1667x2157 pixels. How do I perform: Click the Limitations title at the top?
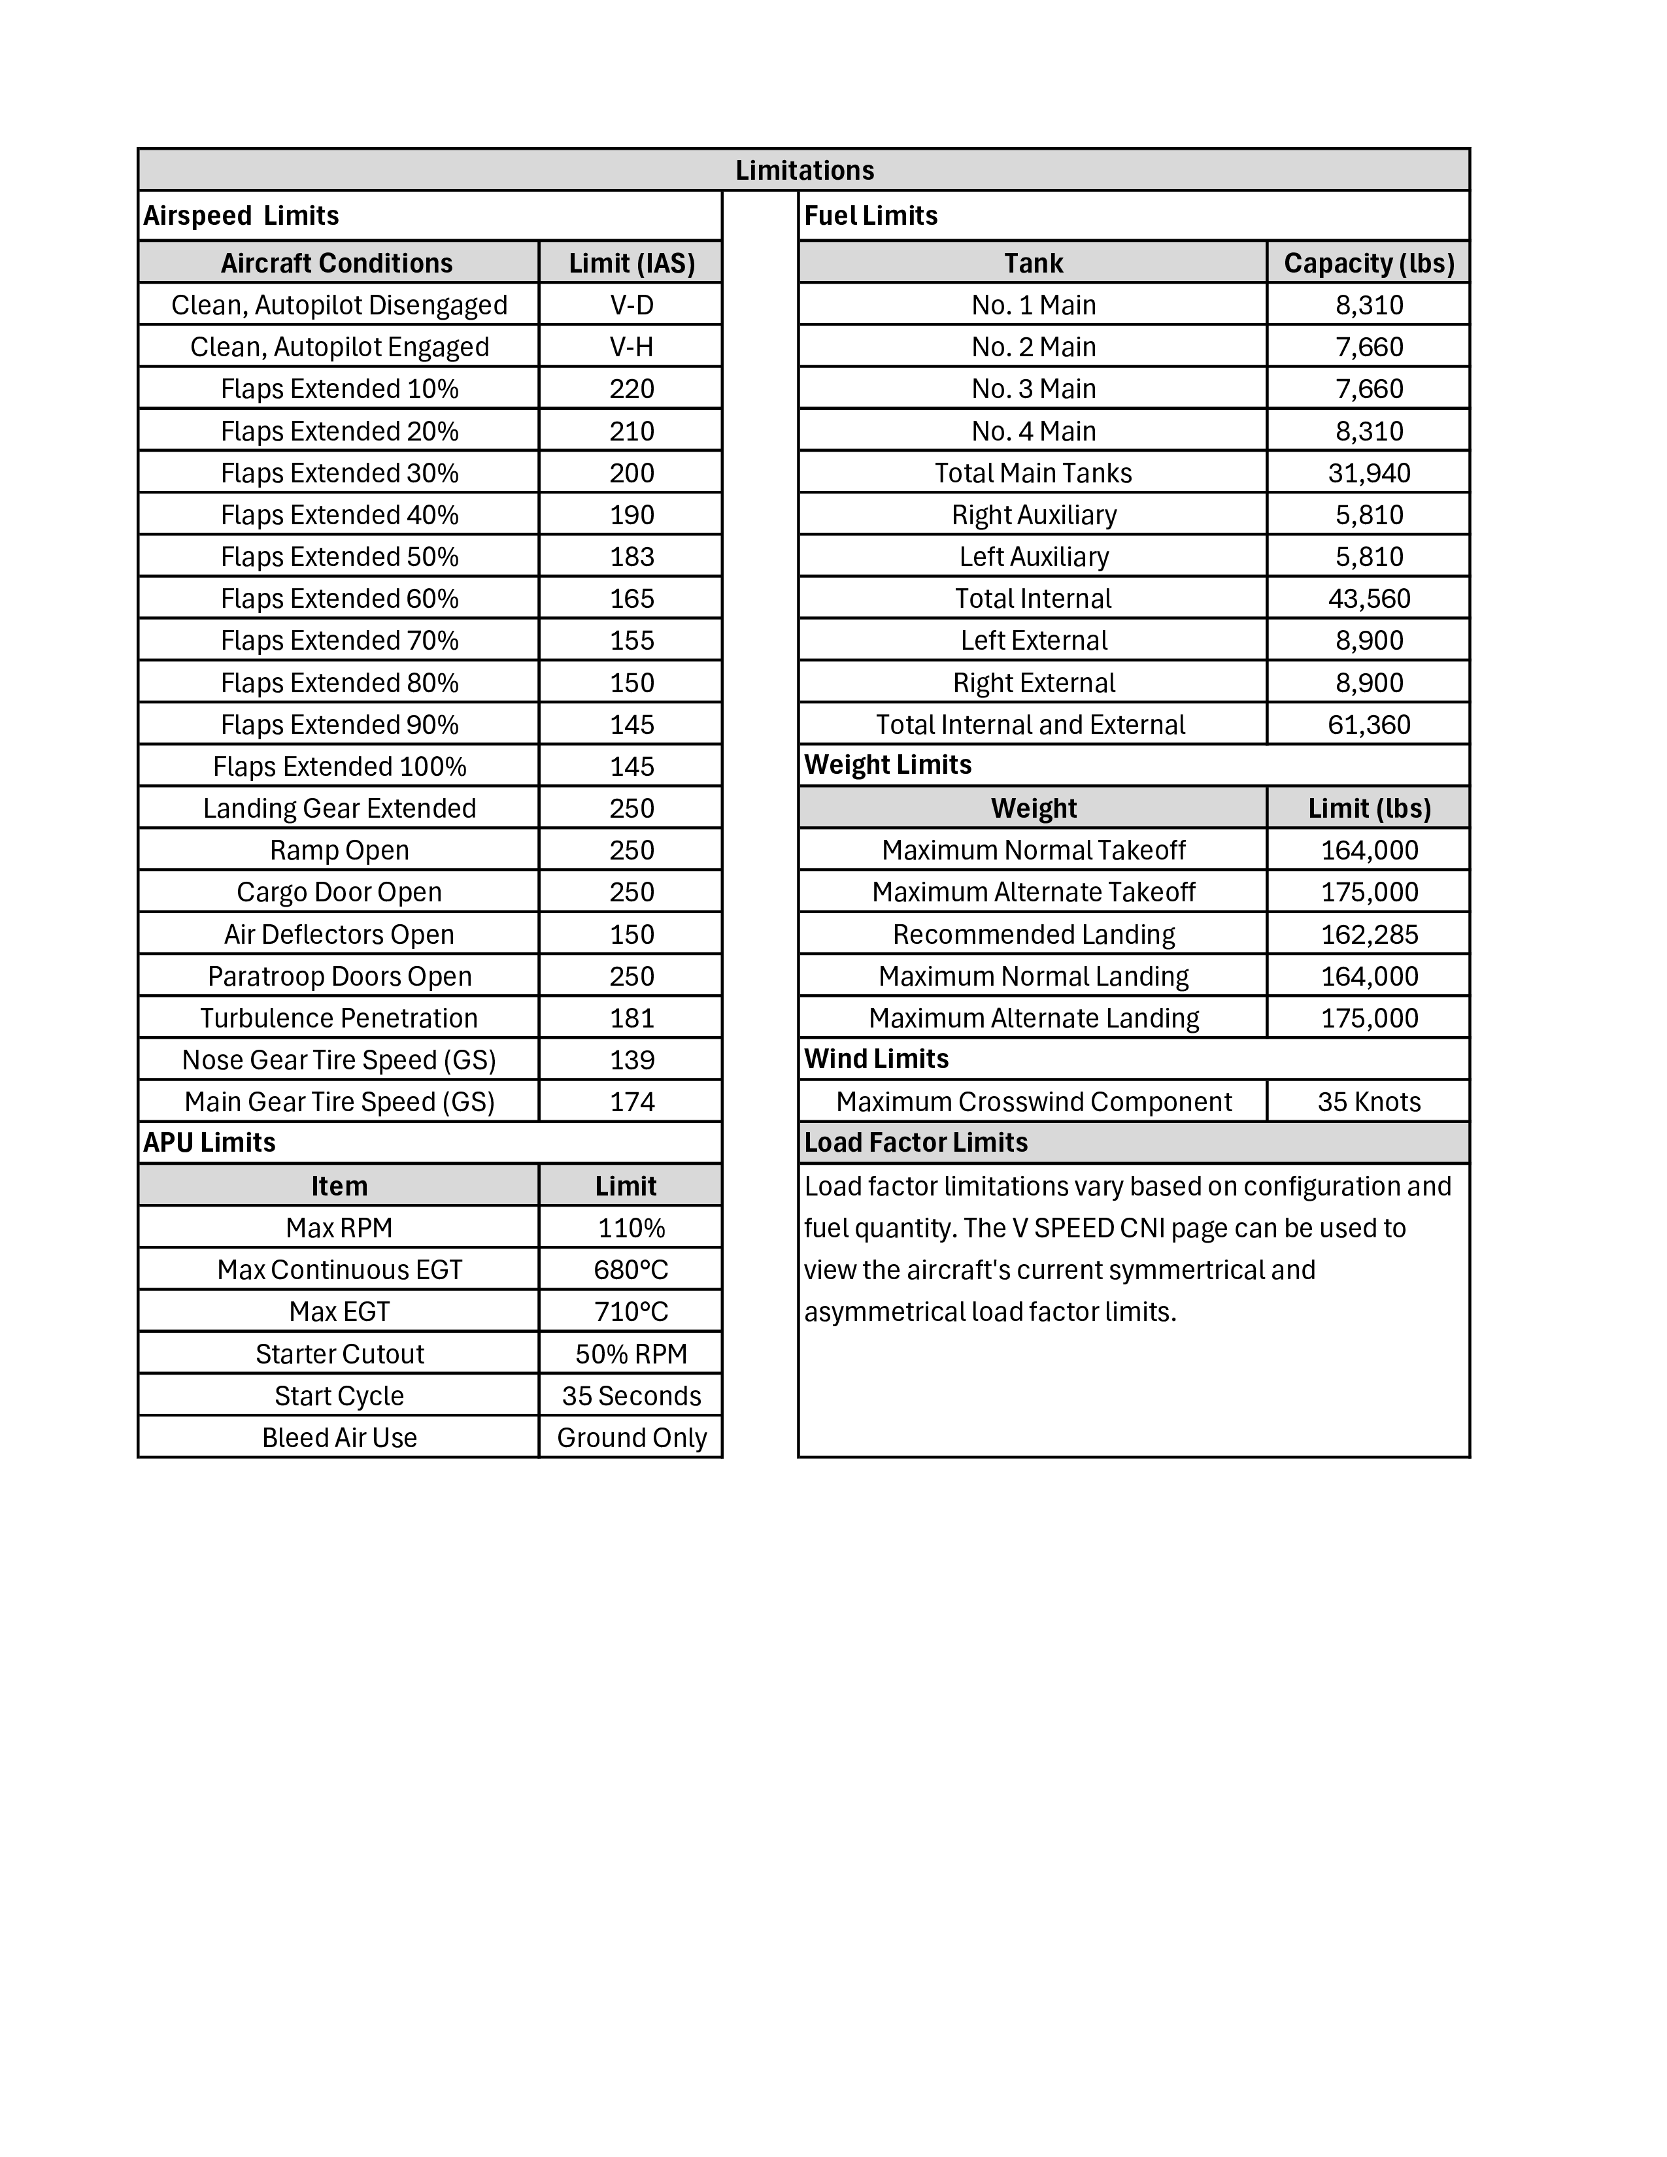(804, 170)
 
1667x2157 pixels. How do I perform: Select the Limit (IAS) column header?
(631, 263)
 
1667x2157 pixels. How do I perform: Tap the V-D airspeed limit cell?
(631, 305)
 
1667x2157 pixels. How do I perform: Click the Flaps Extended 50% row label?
(339, 557)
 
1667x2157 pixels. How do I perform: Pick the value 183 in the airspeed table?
(631, 557)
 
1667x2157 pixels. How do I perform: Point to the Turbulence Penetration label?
(339, 1018)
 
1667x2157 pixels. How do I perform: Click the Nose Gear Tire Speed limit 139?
(631, 1060)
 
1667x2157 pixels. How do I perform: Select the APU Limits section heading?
(209, 1143)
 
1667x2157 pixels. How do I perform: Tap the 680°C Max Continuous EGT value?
(631, 1270)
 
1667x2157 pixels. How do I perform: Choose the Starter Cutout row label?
(339, 1354)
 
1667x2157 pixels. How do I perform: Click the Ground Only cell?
(631, 1438)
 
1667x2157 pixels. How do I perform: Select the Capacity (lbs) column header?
(1369, 263)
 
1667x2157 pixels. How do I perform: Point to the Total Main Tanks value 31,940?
(1369, 473)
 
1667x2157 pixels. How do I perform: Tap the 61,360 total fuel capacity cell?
(1369, 725)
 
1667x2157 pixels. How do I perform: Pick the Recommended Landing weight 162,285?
(1369, 934)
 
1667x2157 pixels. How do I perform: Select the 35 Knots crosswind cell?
(1369, 1102)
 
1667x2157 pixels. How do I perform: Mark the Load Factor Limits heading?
(915, 1143)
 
